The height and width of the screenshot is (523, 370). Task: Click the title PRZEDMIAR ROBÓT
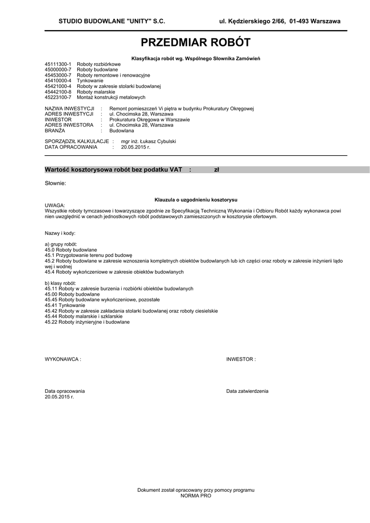click(196, 42)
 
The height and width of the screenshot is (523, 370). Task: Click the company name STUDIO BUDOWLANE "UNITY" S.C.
click(111, 21)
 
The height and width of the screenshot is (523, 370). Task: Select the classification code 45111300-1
click(58, 64)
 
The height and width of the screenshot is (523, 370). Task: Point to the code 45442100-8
click(58, 92)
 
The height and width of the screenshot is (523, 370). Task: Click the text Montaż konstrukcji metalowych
click(111, 97)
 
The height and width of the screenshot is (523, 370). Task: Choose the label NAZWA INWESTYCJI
click(70, 109)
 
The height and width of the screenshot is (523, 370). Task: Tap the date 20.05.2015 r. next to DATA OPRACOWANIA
click(135, 147)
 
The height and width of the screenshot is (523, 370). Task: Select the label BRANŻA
click(56, 130)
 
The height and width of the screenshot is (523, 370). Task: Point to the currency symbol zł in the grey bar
click(216, 170)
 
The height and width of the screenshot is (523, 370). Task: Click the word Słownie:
click(55, 183)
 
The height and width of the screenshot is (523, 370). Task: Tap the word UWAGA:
click(55, 205)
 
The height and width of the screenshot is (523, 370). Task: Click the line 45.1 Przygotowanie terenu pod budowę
click(88, 254)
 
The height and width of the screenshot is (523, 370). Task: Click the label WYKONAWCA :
click(63, 359)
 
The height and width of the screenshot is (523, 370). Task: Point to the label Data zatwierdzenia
click(247, 391)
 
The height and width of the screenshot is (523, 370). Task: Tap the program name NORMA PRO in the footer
click(196, 495)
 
